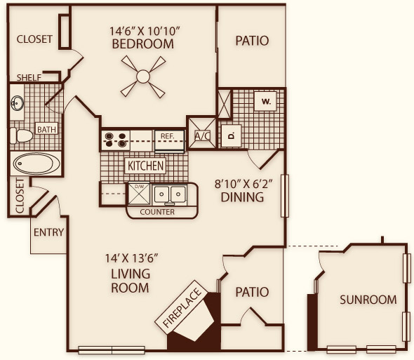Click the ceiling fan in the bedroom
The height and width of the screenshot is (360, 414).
pos(143,76)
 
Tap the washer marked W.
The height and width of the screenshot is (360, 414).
pos(266,101)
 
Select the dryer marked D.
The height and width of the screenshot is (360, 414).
pos(232,135)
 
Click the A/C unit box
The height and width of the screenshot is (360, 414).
pos(202,133)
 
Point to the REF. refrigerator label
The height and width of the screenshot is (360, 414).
pos(168,136)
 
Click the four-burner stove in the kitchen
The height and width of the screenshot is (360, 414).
pos(115,140)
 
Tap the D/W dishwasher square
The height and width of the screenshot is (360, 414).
pos(139,194)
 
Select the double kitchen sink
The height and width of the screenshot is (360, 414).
pos(170,195)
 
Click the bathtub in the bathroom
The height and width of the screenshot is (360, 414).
pos(36,164)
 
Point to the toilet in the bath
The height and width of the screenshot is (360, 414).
pos(21,135)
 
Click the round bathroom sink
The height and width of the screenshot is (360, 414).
pos(18,103)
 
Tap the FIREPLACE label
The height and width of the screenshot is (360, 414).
pos(182,308)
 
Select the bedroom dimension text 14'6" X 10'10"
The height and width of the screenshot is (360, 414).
pos(145,31)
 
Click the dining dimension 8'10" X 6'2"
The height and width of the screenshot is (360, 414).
pos(243,184)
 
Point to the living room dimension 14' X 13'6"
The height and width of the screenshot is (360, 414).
pos(131,258)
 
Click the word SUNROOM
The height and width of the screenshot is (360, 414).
pos(368,300)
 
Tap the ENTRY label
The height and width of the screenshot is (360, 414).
pos(49,232)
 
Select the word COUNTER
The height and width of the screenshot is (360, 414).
pos(157,212)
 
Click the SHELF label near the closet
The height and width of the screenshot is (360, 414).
pos(29,77)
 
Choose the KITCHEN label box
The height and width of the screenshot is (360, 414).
pos(145,166)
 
